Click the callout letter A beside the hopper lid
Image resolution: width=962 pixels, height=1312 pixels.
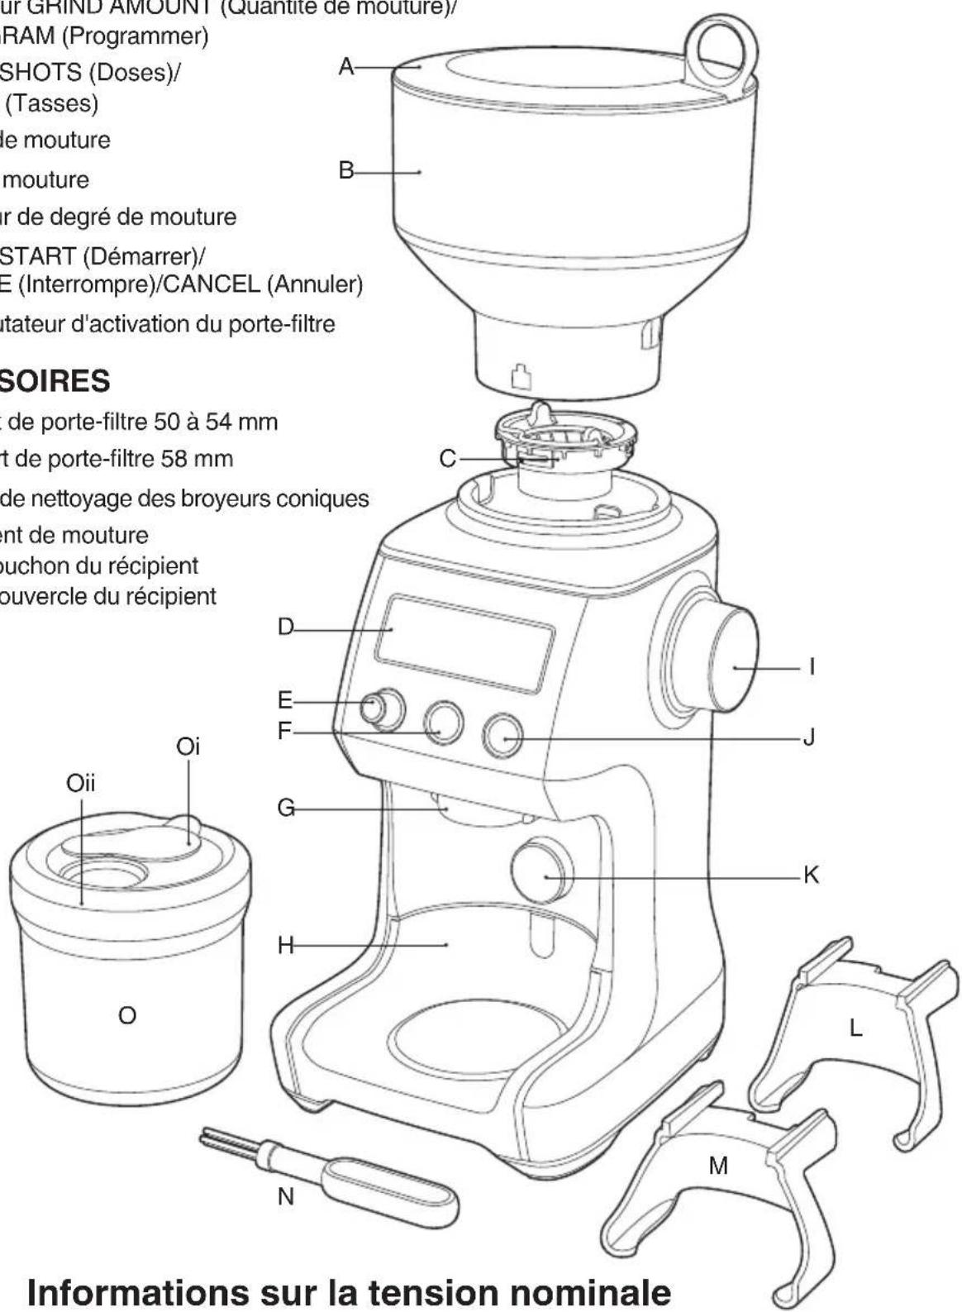pos(346,65)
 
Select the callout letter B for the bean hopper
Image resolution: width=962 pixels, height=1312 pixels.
pos(345,170)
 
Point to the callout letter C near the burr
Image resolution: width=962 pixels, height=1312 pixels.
pos(447,457)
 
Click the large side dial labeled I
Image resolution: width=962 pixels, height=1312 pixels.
pos(731,666)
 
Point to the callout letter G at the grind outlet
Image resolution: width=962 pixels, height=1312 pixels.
pos(285,807)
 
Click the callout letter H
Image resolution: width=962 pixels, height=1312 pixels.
pos(285,945)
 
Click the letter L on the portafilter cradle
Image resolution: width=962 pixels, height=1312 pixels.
pos(855,1028)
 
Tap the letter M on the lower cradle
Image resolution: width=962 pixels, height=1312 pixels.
pos(718,1166)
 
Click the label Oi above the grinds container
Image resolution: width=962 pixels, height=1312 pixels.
pos(188,747)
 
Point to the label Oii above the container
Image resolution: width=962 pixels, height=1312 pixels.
pos(80,782)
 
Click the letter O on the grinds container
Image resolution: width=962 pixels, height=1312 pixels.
pos(126,1015)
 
